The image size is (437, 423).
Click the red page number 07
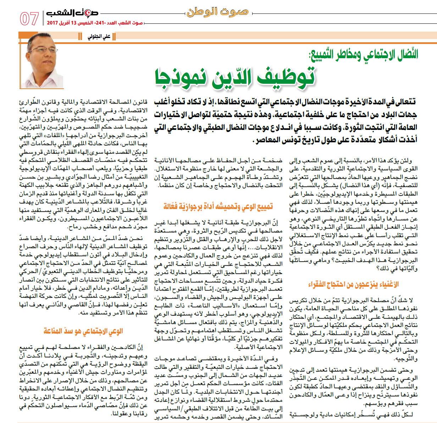(x=29, y=18)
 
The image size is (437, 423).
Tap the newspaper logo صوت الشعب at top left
(x=72, y=13)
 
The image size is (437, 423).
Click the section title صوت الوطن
(x=217, y=12)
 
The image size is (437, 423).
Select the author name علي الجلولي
(x=99, y=37)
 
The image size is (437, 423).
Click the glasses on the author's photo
(x=45, y=49)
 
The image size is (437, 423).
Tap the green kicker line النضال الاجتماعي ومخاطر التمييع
(x=364, y=55)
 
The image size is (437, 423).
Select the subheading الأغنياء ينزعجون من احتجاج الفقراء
(x=353, y=285)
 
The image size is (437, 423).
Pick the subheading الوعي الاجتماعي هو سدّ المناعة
(x=83, y=331)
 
